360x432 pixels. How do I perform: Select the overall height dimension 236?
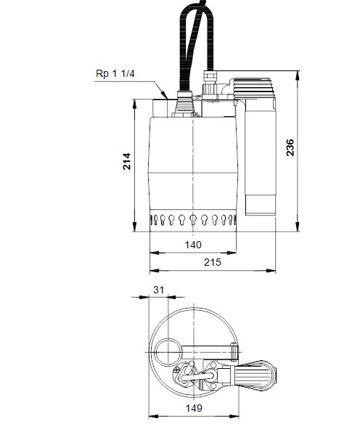[x=290, y=147]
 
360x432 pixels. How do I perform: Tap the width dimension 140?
[x=192, y=245]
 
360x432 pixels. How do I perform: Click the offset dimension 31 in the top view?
[x=160, y=290]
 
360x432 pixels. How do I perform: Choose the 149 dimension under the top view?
[x=192, y=408]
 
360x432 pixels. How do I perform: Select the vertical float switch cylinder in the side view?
[x=260, y=156]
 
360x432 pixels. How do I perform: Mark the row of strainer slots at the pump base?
[x=192, y=219]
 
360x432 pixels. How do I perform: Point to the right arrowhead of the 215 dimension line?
[x=274, y=270]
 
